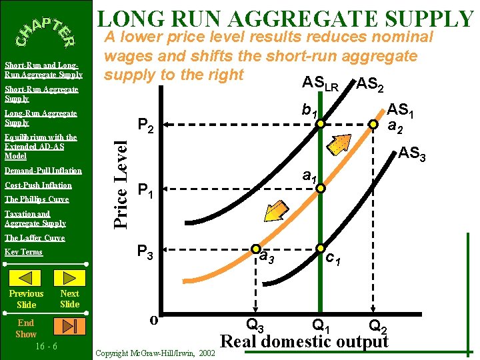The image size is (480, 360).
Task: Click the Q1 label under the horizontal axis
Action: [x=321, y=325]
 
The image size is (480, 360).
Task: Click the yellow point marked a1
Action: [x=321, y=189]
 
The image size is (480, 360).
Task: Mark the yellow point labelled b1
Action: [x=321, y=124]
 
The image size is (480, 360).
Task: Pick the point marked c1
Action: [x=321, y=248]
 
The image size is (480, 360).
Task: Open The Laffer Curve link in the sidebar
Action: [x=35, y=238]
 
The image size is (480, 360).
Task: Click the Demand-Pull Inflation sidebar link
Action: [x=43, y=171]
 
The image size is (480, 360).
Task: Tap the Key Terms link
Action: [x=23, y=252]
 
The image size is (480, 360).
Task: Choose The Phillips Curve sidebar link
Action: [x=36, y=199]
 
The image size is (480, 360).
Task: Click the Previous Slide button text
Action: [x=27, y=299]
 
